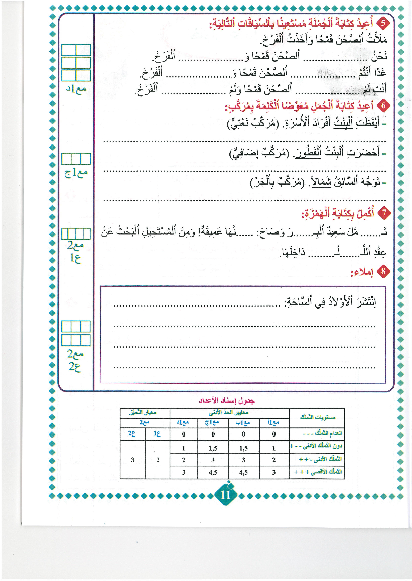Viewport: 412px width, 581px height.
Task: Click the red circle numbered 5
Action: (x=384, y=23)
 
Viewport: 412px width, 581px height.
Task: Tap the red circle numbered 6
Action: (x=384, y=106)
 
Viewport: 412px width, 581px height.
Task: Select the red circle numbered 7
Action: (x=384, y=214)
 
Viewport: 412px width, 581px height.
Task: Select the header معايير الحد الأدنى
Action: (x=229, y=412)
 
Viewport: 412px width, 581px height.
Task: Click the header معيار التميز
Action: (x=145, y=412)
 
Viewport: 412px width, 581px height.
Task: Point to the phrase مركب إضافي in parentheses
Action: (x=251, y=153)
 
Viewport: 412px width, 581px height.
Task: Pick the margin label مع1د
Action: (x=76, y=89)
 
